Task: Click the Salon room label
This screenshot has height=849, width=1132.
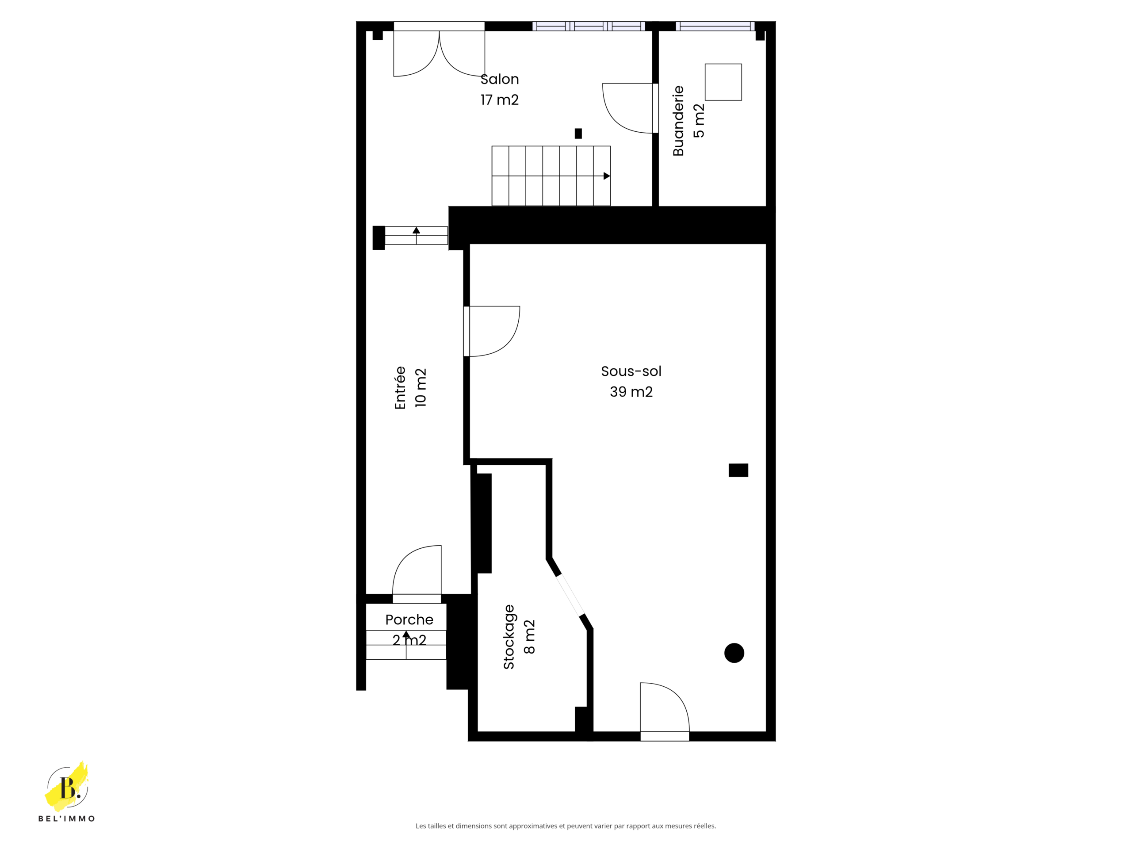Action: tap(500, 79)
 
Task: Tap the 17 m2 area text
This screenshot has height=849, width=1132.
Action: tap(500, 100)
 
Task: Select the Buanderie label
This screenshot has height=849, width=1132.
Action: tap(678, 121)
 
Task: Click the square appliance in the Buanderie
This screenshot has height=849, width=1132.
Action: tap(723, 82)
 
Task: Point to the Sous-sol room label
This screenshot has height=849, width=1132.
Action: tap(631, 371)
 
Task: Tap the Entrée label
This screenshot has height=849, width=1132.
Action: tap(400, 387)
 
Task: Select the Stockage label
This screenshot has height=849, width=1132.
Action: tap(508, 637)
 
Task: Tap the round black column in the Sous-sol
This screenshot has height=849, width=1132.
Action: tap(734, 653)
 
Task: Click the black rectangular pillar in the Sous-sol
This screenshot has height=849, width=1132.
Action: tap(738, 470)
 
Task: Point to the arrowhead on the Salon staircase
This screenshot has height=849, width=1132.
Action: tap(607, 176)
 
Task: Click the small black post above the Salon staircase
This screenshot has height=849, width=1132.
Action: tap(578, 134)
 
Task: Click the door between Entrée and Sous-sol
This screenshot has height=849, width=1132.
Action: tap(492, 331)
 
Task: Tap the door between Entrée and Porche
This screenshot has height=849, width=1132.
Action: tap(417, 574)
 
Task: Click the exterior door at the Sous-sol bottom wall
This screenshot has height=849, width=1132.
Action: tap(665, 711)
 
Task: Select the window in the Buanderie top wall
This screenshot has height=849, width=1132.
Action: tap(715, 26)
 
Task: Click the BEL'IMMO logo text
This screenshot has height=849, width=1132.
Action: tap(66, 818)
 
